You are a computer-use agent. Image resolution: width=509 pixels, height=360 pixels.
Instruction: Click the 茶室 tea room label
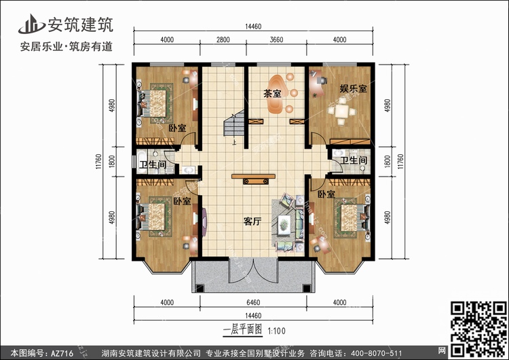pos(272,94)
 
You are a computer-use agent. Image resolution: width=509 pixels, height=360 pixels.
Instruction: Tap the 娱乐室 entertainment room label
pos(353,88)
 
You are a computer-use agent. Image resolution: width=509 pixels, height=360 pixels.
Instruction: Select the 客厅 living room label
pos(252,221)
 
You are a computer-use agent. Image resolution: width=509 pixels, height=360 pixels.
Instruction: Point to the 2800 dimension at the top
pos(223,39)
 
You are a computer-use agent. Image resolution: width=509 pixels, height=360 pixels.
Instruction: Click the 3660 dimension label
pos(276,39)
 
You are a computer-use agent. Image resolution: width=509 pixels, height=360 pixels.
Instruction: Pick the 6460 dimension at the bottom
pos(253,302)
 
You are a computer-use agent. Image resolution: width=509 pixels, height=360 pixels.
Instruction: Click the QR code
pos(479,329)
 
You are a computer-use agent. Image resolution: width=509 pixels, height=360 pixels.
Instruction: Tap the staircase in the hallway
pos(233,124)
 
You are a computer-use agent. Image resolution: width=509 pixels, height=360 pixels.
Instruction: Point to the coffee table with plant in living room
pos(284,224)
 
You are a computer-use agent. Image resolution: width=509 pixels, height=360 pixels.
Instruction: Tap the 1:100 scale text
pos(277,331)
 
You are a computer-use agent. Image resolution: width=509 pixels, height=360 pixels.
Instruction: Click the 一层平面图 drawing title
pos(242,330)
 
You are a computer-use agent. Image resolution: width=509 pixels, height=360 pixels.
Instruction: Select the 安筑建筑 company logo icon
pos(31,24)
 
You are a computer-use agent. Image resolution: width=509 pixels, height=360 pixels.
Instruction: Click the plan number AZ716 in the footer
pos(62,353)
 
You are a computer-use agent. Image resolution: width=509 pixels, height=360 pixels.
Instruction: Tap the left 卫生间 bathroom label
pos(153,164)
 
